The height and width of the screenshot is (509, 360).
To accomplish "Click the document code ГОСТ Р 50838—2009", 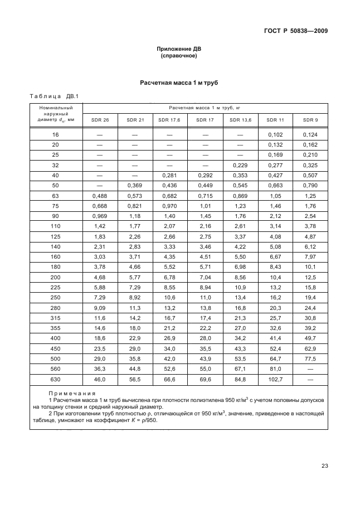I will [x=295, y=31].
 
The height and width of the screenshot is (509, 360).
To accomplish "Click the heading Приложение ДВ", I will [x=179, y=49].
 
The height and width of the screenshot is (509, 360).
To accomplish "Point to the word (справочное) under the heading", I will [x=179, y=56].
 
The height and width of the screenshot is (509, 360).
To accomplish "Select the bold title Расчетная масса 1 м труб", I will [x=179, y=83].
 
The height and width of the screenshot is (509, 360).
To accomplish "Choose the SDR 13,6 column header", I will [x=240, y=119].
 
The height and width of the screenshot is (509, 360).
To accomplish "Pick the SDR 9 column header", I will [x=310, y=119].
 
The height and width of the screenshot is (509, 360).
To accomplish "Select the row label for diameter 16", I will [x=55, y=134].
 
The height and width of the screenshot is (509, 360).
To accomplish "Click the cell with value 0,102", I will [x=275, y=134].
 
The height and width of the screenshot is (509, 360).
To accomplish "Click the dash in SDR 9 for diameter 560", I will [x=310, y=369].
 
